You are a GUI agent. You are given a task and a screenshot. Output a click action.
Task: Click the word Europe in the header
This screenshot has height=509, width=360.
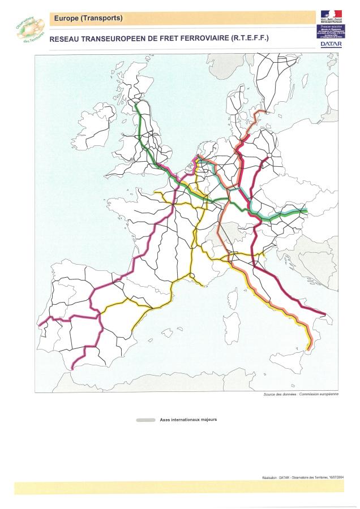pos(66,19)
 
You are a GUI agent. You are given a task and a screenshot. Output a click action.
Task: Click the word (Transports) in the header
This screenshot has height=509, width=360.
pos(102,19)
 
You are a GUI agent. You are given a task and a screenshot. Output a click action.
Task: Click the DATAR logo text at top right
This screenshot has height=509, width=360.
pos(331,44)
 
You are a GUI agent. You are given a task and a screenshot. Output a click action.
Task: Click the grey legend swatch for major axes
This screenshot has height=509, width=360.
pos(145,420)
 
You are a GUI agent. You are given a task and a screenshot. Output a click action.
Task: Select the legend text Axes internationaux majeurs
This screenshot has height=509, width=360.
pos(188,420)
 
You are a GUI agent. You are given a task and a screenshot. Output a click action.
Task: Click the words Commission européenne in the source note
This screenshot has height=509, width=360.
pos(320,394)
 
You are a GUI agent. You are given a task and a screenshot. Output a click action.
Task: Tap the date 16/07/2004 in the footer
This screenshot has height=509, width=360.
pos(333,477)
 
